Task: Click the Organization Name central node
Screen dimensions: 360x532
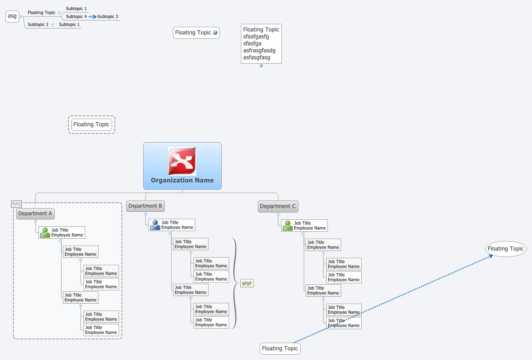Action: tap(182, 180)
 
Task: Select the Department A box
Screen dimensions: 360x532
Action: tap(35, 213)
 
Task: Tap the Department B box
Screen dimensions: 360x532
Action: tap(145, 206)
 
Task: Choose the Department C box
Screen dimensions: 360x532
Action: tap(278, 206)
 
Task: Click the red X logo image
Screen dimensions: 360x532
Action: tap(182, 161)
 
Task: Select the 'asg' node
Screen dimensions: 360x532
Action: tap(12, 16)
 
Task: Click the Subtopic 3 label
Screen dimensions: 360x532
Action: tap(108, 17)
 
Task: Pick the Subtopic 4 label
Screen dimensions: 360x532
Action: tap(76, 17)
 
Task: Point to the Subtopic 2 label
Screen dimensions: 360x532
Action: tap(38, 25)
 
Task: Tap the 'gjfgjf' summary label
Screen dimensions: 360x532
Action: tap(247, 283)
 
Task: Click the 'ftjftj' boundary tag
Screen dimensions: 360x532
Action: tap(16, 204)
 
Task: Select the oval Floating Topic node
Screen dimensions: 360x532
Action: tap(505, 249)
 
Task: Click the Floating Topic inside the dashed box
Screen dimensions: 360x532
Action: tap(91, 125)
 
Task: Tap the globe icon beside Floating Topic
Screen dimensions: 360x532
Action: tap(215, 32)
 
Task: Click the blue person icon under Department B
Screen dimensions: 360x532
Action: tap(155, 225)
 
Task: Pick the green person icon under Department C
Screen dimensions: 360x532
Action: tap(288, 225)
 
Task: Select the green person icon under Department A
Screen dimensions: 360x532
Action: tap(45, 232)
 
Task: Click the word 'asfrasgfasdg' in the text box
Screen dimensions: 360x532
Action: tap(259, 50)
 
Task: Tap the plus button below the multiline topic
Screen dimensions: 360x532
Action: tap(261, 66)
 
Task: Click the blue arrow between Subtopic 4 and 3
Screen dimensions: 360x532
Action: tap(92, 17)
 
